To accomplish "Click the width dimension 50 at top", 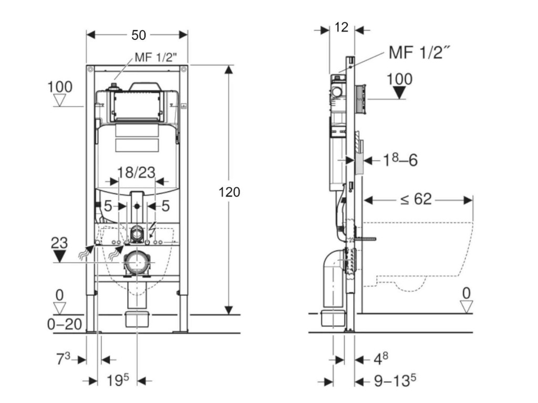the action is click(139, 35).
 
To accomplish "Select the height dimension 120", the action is click(229, 192).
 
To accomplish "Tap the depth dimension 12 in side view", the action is click(342, 27).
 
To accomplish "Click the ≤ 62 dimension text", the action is click(416, 199).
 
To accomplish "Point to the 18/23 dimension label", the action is click(136, 172).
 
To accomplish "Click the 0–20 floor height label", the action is click(65, 324).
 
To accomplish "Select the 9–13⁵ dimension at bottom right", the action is click(395, 380).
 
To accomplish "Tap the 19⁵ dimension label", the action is click(118, 380).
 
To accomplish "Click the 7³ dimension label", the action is click(63, 358).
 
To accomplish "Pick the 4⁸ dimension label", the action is click(381, 358).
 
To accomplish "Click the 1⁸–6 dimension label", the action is click(400, 160).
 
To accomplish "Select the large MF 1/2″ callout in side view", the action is click(419, 52).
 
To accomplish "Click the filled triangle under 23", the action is click(59, 256).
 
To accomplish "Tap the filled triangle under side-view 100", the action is click(399, 92).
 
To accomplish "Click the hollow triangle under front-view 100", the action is click(60, 101).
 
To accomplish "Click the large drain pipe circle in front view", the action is click(137, 262).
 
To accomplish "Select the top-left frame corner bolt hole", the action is click(90, 69).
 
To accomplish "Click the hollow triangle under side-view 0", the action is click(467, 306).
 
